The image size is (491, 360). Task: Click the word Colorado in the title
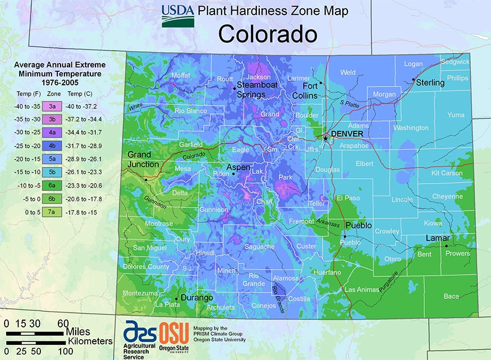268,34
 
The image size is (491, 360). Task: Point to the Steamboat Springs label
258,89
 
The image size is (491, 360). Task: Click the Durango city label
196,298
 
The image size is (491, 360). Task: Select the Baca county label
451,296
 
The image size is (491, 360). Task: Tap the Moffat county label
181,75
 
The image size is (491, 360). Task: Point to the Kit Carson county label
447,174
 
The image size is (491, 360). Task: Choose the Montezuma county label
140,293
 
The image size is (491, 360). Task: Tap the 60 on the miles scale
63,323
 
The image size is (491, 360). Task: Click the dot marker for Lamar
447,245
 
